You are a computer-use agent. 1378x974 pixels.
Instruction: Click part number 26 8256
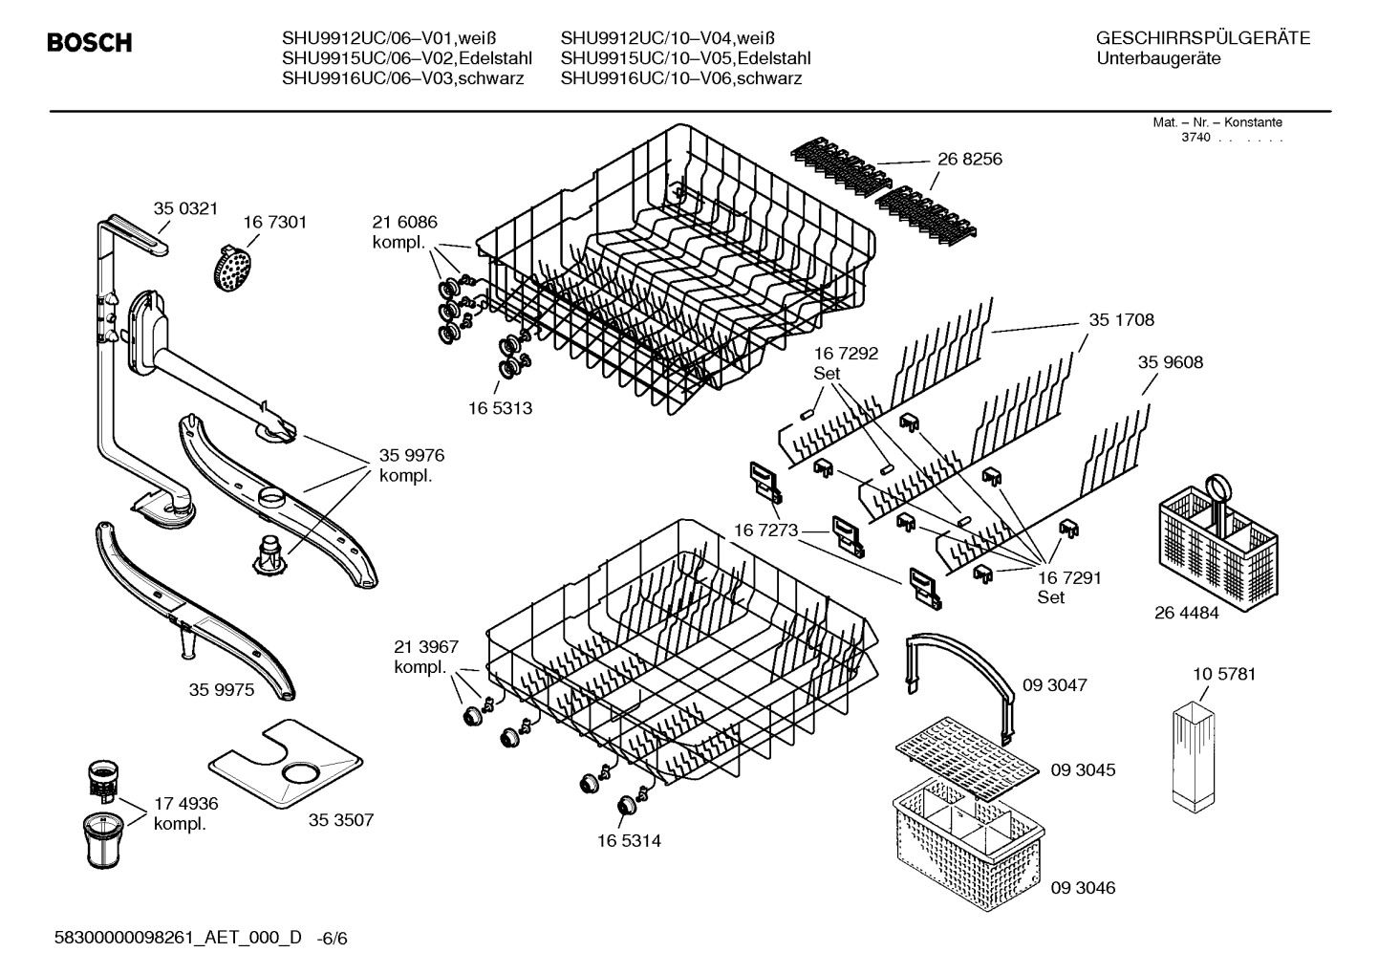click(x=969, y=159)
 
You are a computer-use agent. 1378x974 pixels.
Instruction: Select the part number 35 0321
click(x=186, y=207)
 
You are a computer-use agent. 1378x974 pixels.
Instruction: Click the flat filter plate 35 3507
click(x=286, y=761)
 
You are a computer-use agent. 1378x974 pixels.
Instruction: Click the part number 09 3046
click(x=1083, y=887)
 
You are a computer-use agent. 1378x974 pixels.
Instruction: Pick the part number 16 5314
click(x=628, y=841)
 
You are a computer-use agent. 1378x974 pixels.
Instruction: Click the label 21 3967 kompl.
click(x=426, y=657)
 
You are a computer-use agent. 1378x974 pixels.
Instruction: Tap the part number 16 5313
click(x=500, y=408)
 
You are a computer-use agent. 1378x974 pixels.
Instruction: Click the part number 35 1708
click(x=1121, y=320)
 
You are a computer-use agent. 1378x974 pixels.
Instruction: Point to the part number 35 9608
click(x=1170, y=362)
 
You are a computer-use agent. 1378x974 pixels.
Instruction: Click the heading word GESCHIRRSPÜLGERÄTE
click(x=1202, y=39)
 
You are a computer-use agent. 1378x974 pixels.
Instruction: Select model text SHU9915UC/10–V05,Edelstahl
click(x=685, y=58)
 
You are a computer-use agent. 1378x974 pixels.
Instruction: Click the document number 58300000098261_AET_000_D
click(x=179, y=938)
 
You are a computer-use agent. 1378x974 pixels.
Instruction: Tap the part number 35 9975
click(x=222, y=689)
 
